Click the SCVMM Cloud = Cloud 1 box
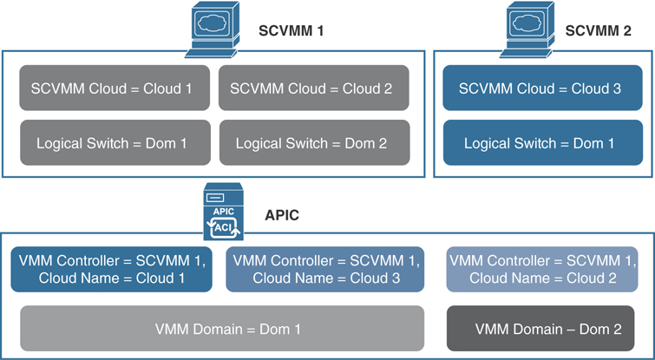(x=115, y=88)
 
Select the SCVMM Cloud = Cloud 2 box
(x=312, y=88)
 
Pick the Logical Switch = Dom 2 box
(x=312, y=142)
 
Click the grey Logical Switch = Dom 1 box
(x=115, y=142)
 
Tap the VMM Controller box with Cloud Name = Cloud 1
(x=112, y=269)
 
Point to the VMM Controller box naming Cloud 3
(x=326, y=269)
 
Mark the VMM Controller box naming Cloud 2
(x=540, y=269)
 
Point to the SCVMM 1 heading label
(x=291, y=31)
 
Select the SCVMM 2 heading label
(x=599, y=31)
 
